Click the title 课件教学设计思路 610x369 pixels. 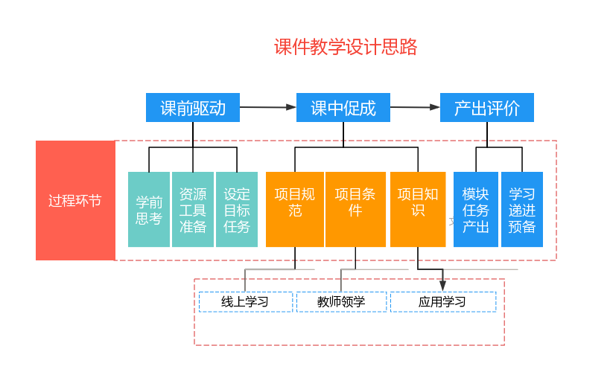[346, 48]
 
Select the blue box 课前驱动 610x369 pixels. [193, 108]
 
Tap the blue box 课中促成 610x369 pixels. [343, 108]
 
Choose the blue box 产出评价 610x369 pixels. [487, 108]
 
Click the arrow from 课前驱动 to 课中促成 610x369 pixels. [268, 107]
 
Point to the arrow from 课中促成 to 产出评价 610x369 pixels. [415, 107]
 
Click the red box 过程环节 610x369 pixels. [75, 201]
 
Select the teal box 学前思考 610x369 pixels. [149, 209]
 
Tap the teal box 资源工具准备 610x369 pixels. [193, 209]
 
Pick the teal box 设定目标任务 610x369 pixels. [237, 209]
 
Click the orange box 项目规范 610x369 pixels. [295, 209]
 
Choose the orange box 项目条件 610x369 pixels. [355, 209]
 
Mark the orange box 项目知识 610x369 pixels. [418, 209]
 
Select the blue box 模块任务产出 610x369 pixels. [476, 209]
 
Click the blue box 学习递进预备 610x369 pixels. [522, 209]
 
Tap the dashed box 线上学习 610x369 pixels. [245, 301]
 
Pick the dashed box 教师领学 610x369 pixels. [341, 301]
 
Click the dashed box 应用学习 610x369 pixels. [442, 301]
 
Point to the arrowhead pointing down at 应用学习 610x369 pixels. [442, 285]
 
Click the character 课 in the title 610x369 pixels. [283, 48]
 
